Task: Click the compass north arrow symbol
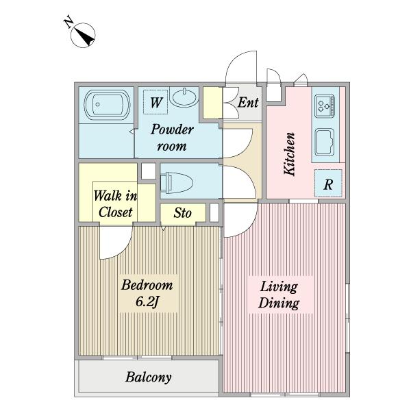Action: tap(83, 35)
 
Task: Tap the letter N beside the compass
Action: tap(69, 23)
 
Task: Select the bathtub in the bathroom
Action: tap(107, 105)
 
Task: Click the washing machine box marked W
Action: tap(155, 102)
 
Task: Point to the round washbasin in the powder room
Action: tap(184, 97)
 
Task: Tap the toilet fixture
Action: tap(177, 182)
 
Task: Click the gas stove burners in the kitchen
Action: tap(325, 106)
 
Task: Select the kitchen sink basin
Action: tap(324, 142)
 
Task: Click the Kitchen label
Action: tap(290, 154)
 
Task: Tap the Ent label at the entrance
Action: tap(248, 102)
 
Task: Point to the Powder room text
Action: tap(172, 138)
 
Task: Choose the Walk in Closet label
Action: tap(115, 204)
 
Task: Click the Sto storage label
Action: tap(183, 213)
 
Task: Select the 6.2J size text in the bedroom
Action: tap(147, 302)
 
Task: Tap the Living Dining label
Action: tap(279, 295)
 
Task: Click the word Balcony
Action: tap(149, 377)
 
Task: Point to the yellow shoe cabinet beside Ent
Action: tap(213, 103)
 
